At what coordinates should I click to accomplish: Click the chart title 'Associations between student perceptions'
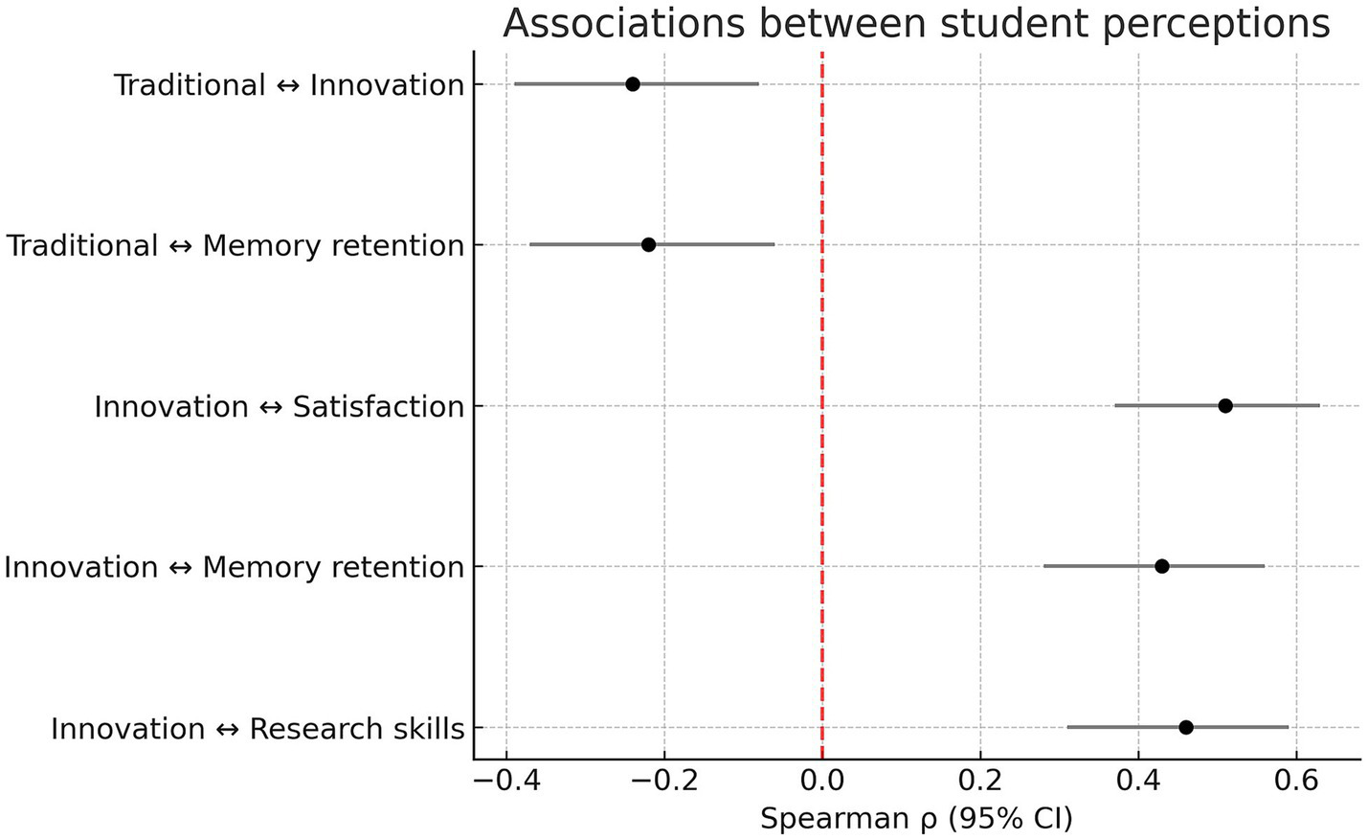pos(916,24)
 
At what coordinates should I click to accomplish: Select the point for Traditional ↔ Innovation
pos(633,84)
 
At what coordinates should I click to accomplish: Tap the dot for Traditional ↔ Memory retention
pos(648,245)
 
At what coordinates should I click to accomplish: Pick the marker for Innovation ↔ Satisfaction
pos(1225,406)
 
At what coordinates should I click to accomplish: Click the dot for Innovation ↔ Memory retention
pos(1162,566)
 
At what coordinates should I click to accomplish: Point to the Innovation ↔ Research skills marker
pos(1186,728)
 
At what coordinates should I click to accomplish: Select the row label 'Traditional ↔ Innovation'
pos(289,85)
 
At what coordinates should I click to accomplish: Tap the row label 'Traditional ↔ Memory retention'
pos(235,246)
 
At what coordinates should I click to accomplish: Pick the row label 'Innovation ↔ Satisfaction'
pos(279,407)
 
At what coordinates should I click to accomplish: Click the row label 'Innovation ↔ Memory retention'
pos(235,567)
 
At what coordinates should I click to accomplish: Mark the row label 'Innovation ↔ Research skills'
pos(258,729)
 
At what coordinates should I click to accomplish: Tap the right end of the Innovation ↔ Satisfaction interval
pos(1319,406)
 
